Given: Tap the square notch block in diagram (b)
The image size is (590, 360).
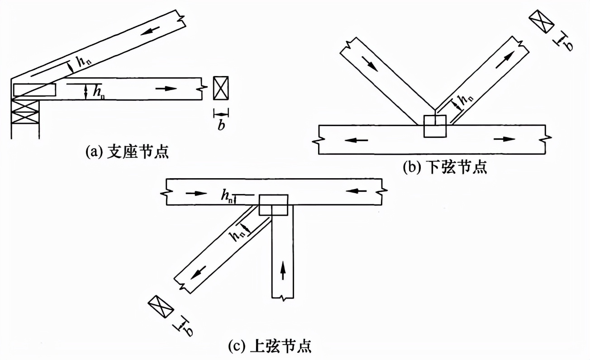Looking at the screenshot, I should tap(434, 126).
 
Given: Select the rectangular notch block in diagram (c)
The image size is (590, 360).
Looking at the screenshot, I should tap(273, 205).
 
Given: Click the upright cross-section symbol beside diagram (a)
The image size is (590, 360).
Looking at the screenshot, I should tap(221, 88).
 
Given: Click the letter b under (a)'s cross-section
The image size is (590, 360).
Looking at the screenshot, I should tap(221, 125).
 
